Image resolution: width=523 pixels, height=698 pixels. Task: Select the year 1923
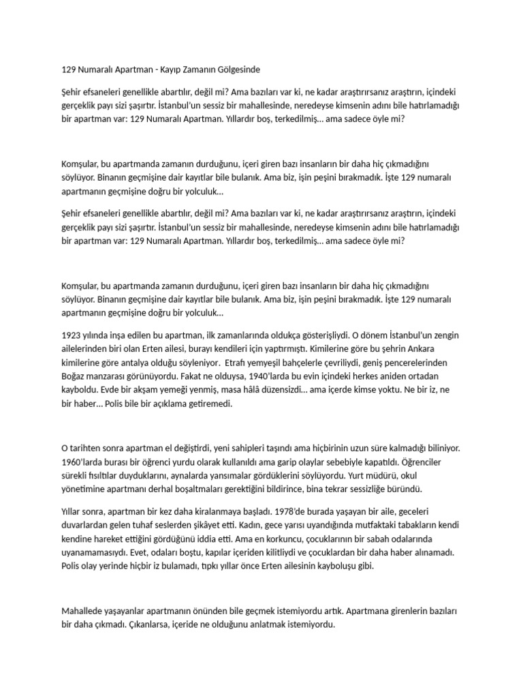[72, 335]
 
